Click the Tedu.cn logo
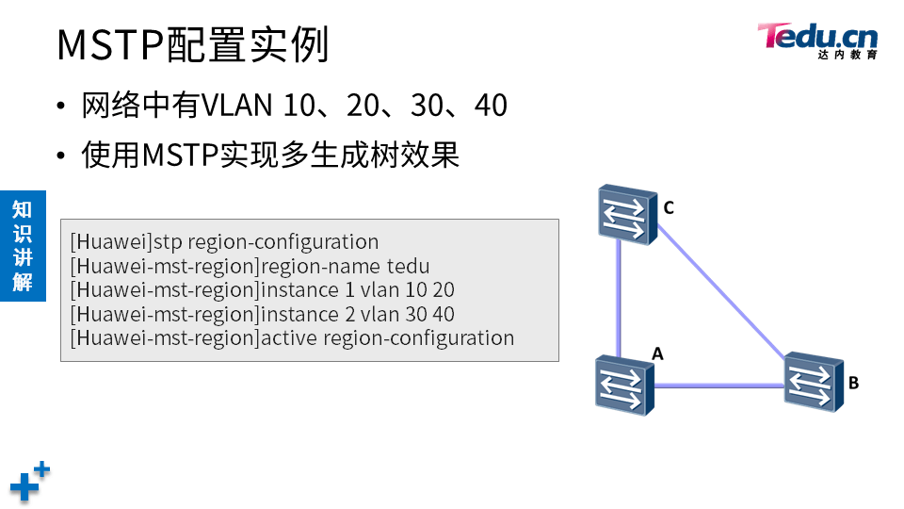pyautogui.click(x=817, y=39)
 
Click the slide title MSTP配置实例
pyautogui.click(x=193, y=44)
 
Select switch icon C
pyautogui.click(x=626, y=215)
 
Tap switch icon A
pyautogui.click(x=623, y=386)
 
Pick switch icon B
pyautogui.click(x=814, y=382)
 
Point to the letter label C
pyautogui.click(x=669, y=207)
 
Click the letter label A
pyautogui.click(x=658, y=353)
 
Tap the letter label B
pyautogui.click(x=853, y=383)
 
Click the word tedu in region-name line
pyautogui.click(x=409, y=266)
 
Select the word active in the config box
pyautogui.click(x=289, y=338)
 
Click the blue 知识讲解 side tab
pyautogui.click(x=23, y=245)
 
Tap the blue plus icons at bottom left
pyautogui.click(x=29, y=481)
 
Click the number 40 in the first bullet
pyautogui.click(x=491, y=106)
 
